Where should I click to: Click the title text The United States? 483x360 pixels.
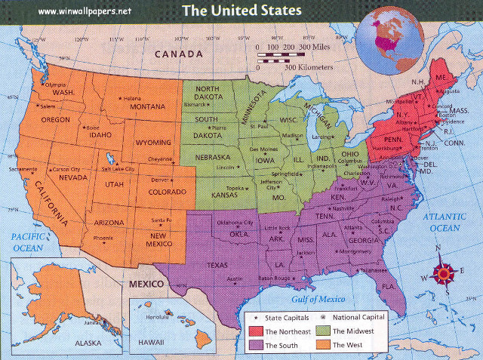tap(241, 11)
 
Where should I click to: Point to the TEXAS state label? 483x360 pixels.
tap(217, 265)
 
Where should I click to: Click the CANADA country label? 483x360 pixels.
tap(178, 54)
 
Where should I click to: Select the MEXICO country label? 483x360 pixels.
tap(145, 285)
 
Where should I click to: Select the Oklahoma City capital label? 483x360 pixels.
tap(235, 223)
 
